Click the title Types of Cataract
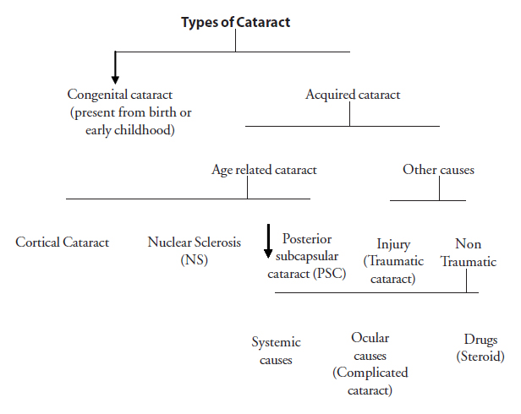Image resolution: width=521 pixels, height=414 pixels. (x=236, y=22)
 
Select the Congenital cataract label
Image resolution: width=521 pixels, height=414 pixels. (x=120, y=95)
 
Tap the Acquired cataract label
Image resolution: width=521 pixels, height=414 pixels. (x=353, y=95)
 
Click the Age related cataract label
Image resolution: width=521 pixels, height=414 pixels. (x=264, y=170)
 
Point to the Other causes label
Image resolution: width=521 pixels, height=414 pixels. (x=439, y=170)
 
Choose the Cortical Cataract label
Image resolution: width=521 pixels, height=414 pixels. (x=62, y=242)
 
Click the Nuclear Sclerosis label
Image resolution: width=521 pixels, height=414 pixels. (x=194, y=242)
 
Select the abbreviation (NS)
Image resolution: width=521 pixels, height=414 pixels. (x=194, y=259)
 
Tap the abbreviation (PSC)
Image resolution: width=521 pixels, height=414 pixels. (x=330, y=274)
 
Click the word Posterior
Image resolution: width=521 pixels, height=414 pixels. (x=307, y=239)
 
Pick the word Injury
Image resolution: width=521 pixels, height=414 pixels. (x=393, y=244)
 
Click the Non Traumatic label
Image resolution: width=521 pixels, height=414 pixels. (x=469, y=253)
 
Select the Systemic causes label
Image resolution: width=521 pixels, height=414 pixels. (x=276, y=351)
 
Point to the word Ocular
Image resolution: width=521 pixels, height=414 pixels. (x=370, y=338)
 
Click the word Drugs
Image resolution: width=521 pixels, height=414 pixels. (x=480, y=340)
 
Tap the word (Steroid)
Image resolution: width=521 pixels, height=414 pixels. (x=480, y=357)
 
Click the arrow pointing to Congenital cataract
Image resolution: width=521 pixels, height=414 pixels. (x=115, y=68)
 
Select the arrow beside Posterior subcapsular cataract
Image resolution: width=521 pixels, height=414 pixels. (x=268, y=241)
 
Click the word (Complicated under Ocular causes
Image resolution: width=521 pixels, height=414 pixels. (x=370, y=373)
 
